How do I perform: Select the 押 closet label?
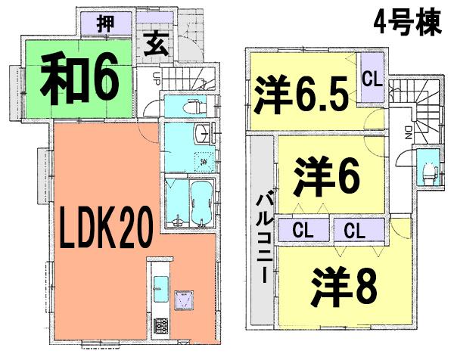tap(106, 24)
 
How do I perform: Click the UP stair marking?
tap(156, 77)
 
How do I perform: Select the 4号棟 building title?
tap(406, 24)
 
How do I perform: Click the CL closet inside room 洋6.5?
tap(371, 78)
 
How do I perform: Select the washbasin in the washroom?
tap(204, 135)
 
